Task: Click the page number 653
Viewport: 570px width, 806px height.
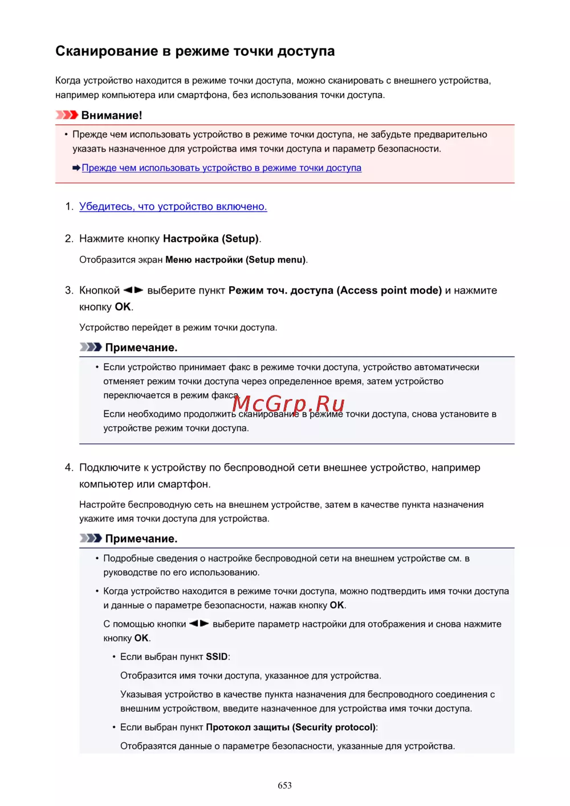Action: pos(284,785)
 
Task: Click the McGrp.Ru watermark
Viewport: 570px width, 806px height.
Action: pos(288,404)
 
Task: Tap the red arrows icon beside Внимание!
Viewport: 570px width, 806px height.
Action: pos(67,115)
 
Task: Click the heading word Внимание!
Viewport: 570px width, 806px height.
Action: pos(112,115)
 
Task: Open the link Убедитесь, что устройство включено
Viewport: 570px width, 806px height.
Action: pos(173,206)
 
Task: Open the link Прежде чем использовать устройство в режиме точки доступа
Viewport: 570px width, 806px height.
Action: pos(221,168)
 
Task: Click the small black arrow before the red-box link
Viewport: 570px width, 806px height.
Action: pos(76,168)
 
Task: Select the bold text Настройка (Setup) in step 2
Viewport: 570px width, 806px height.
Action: pos(211,238)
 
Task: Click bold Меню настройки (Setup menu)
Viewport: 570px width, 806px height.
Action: pos(235,259)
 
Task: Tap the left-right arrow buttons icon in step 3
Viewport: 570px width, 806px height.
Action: pos(133,290)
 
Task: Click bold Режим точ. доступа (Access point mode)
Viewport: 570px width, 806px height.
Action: pos(335,290)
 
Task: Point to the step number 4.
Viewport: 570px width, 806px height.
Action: pos(69,467)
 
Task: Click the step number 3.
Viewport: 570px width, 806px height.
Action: pos(69,290)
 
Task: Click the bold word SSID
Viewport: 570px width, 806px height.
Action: pos(217,657)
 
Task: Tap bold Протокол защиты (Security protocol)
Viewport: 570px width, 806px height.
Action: pos(291,727)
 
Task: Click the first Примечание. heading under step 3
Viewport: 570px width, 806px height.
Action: pos(141,347)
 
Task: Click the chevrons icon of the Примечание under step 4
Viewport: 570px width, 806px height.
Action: pos(91,538)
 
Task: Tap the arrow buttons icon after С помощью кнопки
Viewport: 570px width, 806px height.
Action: pos(199,624)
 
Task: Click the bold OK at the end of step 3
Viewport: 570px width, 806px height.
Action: pos(123,307)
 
